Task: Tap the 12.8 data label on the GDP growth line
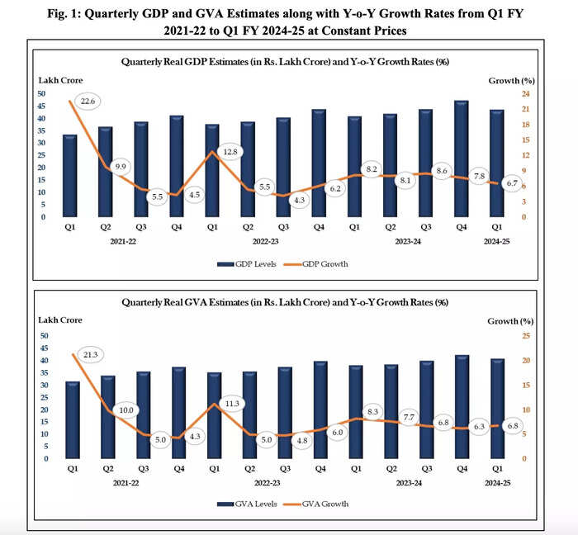point(231,152)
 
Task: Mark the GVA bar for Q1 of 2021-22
point(73,420)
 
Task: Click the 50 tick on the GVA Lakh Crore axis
point(45,336)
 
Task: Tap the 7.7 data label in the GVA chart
point(407,419)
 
